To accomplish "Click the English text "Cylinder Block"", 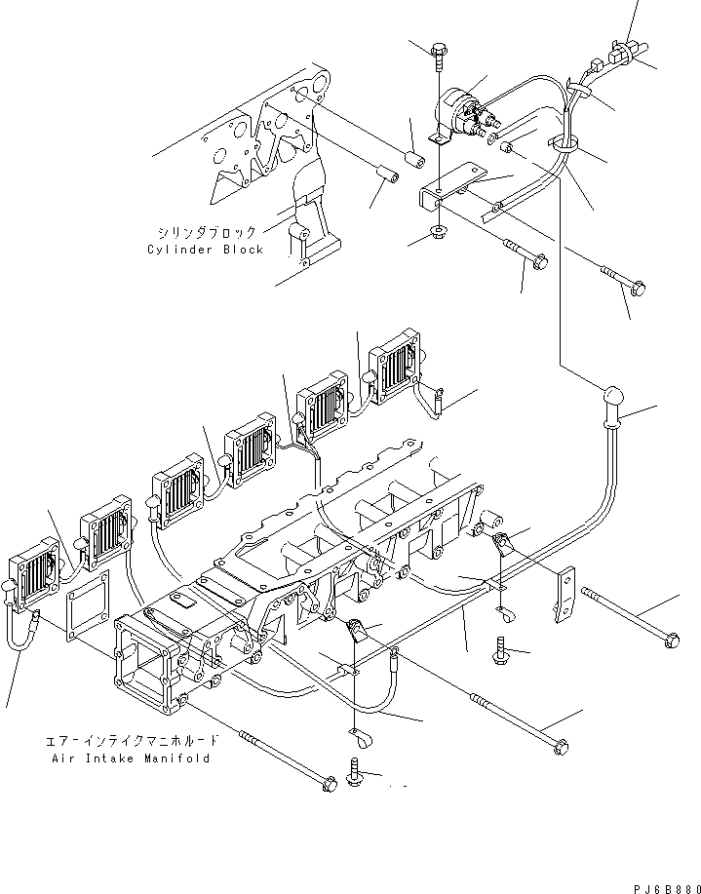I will click(x=206, y=250).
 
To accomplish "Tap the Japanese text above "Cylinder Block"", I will click(x=207, y=233).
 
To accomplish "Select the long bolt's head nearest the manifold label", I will click(x=330, y=782).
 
